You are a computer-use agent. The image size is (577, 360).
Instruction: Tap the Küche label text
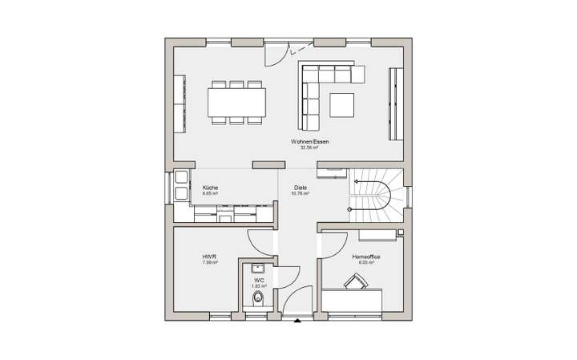point(211,188)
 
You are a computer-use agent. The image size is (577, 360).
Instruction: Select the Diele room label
point(301,188)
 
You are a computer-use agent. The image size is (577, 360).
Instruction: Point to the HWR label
point(209,257)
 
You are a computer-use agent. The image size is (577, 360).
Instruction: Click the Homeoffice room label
point(365,257)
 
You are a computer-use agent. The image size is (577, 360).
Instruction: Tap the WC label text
point(260,281)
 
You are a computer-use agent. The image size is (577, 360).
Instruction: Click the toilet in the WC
point(258,299)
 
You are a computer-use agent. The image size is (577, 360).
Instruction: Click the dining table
point(238,102)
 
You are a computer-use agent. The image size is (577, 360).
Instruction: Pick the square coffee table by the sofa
point(341,104)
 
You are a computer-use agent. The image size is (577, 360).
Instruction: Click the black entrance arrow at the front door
point(298,322)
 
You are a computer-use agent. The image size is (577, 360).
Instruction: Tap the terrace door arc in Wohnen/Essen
point(276,55)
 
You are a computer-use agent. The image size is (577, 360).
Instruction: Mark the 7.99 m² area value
point(209,263)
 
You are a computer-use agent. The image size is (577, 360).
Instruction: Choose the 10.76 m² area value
point(301,194)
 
